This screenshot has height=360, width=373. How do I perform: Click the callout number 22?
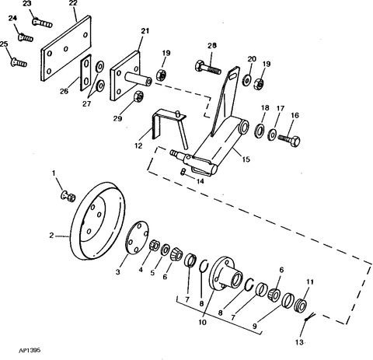coord(73,3)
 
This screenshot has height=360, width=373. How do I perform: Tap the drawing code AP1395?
coord(30,351)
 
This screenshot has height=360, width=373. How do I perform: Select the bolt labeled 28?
coord(208,67)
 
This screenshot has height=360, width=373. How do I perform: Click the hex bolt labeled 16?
coord(289,140)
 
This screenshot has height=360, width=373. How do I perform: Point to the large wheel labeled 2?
coord(98,221)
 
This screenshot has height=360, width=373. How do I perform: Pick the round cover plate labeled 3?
coord(137,238)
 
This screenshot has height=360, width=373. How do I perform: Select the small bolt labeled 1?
coord(68,196)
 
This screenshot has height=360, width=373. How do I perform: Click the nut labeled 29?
coord(139,96)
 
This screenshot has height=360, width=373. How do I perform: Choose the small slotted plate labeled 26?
coord(85,72)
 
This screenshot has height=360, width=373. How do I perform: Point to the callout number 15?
coord(246,159)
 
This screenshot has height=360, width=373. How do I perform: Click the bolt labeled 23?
coord(42,22)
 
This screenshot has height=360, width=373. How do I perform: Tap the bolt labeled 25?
coord(19,62)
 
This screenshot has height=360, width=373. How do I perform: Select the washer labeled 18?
coord(260,131)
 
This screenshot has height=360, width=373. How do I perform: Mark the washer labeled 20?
coord(246,80)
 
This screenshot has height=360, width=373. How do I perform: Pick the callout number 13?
coord(299,342)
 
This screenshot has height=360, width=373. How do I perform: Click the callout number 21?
coord(145,31)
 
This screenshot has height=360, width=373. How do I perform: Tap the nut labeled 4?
coord(155,245)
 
